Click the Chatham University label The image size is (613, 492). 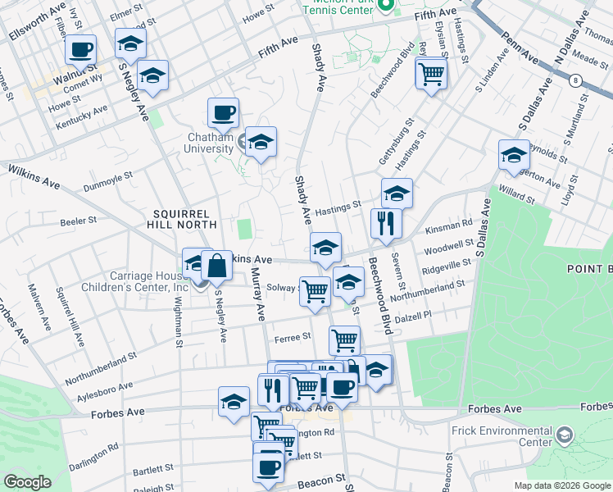pyautogui.click(x=207, y=143)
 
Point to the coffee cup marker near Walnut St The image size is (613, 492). pyautogui.click(x=80, y=50)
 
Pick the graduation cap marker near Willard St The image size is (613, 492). pyautogui.click(x=514, y=154)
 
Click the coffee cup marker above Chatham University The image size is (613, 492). pyautogui.click(x=223, y=112)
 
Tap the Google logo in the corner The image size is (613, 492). pyautogui.click(x=27, y=482)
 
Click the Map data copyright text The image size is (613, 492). pyautogui.click(x=562, y=485)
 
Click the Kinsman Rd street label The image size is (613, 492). pyautogui.click(x=455, y=223)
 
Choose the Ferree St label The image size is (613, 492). pyautogui.click(x=293, y=336)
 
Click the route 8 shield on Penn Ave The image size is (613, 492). pyautogui.click(x=576, y=80)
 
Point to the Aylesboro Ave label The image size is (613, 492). pyautogui.click(x=103, y=385)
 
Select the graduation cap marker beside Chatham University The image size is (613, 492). pyautogui.click(x=261, y=142)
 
